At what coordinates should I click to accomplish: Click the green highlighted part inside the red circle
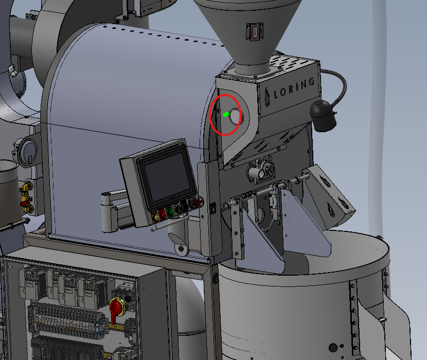226,115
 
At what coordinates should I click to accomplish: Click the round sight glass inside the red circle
235,116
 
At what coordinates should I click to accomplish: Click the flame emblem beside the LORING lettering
267,97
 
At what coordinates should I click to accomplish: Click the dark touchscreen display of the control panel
167,177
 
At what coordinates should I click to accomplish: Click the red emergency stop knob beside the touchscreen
197,203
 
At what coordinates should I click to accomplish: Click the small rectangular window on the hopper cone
255,32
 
